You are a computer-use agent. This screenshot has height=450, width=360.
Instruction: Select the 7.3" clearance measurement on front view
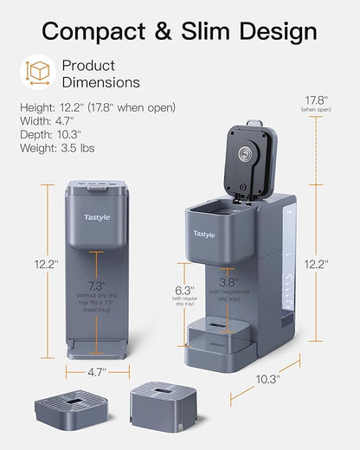coord(98,285)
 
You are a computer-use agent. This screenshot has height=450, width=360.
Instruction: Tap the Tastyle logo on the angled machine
coord(205,234)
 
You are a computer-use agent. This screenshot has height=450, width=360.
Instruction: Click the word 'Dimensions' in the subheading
coord(100,83)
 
